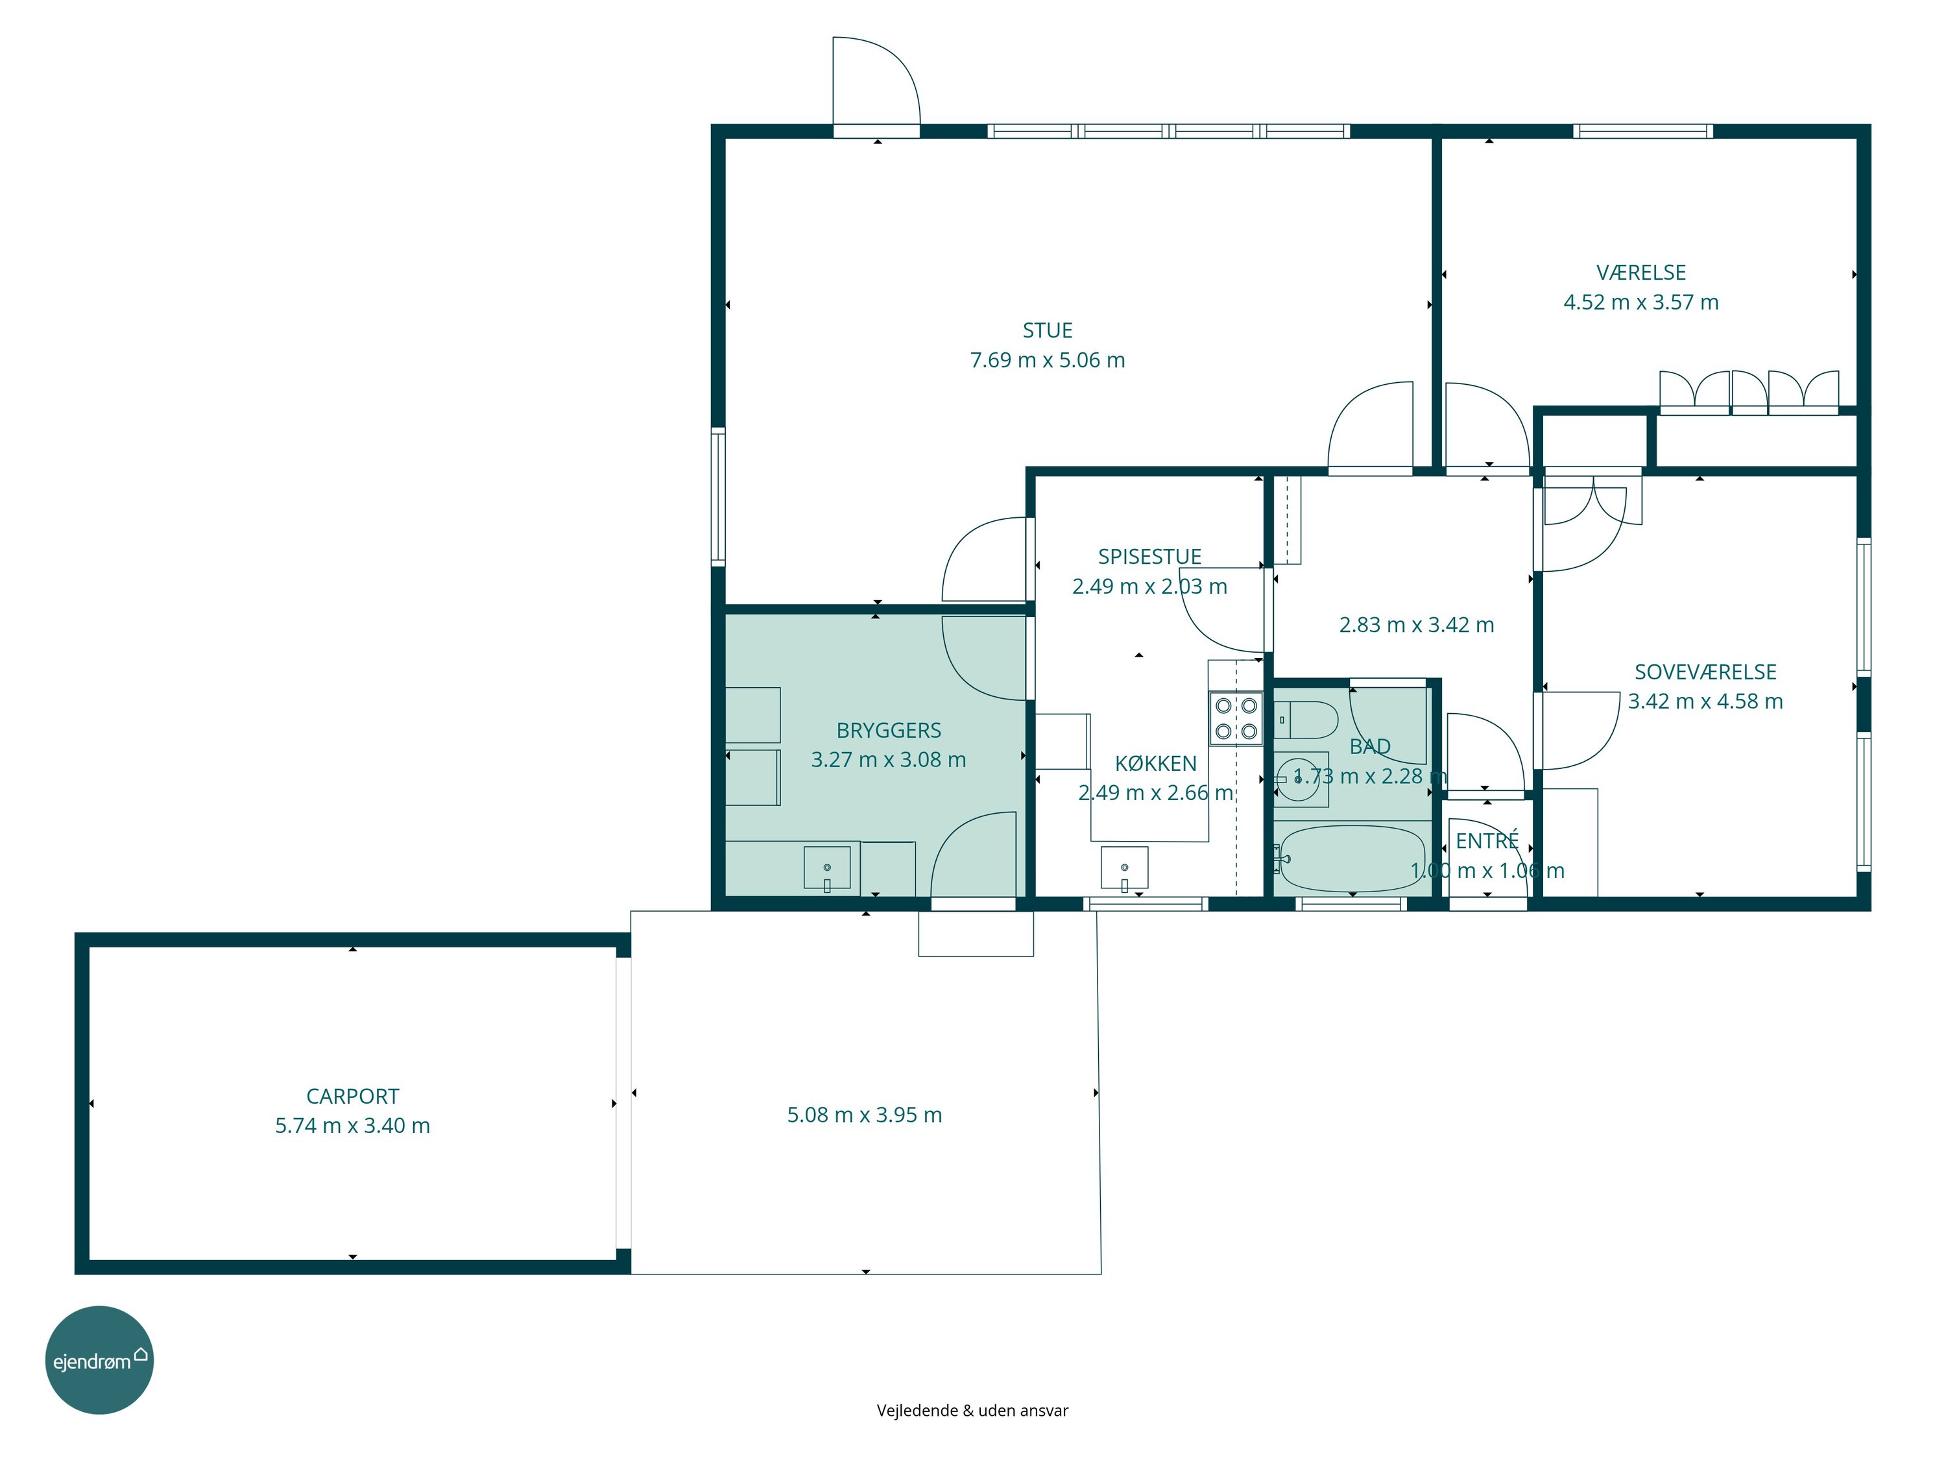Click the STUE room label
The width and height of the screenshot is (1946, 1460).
pyautogui.click(x=1047, y=331)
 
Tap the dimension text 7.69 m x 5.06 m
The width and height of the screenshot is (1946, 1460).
pyautogui.click(x=1047, y=360)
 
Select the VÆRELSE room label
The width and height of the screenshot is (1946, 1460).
pyautogui.click(x=1640, y=273)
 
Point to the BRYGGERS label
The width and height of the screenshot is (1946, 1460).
pyautogui.click(x=889, y=731)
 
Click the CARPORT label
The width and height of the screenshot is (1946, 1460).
pyautogui.click(x=352, y=1097)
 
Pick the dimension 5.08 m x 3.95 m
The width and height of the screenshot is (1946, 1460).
pyautogui.click(x=864, y=1115)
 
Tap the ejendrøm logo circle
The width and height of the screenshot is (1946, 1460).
pyautogui.click(x=99, y=1359)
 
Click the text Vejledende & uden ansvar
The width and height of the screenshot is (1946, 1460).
pyautogui.click(x=972, y=1411)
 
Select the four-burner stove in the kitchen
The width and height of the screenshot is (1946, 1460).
pyautogui.click(x=1235, y=718)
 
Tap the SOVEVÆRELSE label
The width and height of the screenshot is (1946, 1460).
pyautogui.click(x=1705, y=672)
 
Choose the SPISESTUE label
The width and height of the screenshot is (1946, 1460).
pyautogui.click(x=1149, y=557)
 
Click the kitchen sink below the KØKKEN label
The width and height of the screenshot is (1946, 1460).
pyautogui.click(x=1124, y=869)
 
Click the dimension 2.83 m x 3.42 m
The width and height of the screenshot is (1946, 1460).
pyautogui.click(x=1417, y=625)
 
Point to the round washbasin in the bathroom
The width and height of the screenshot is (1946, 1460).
pyautogui.click(x=1299, y=778)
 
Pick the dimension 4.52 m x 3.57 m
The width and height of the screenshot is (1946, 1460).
pyautogui.click(x=1640, y=302)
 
